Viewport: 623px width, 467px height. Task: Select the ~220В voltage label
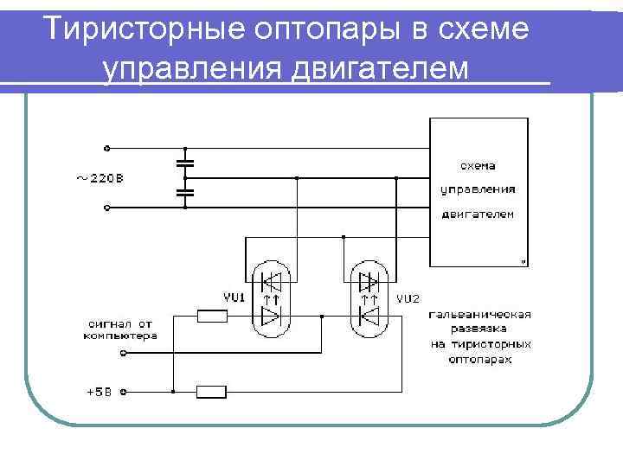(97, 179)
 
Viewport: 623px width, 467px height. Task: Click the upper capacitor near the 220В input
(184, 162)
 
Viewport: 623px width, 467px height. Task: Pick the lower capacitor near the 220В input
(184, 194)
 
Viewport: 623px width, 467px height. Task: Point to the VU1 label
(234, 297)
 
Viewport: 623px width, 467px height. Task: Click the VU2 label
(408, 298)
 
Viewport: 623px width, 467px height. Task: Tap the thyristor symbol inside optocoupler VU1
(271, 282)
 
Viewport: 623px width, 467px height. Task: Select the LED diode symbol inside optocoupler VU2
(368, 317)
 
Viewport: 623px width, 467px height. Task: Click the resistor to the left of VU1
(212, 317)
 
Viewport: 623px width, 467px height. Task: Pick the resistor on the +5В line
(212, 392)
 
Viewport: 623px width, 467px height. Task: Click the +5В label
(99, 392)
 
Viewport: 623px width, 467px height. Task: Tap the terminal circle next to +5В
(123, 392)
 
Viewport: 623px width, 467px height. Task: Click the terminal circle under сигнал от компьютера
(123, 354)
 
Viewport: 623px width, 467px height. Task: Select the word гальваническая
(478, 316)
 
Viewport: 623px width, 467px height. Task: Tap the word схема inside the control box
(478, 164)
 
